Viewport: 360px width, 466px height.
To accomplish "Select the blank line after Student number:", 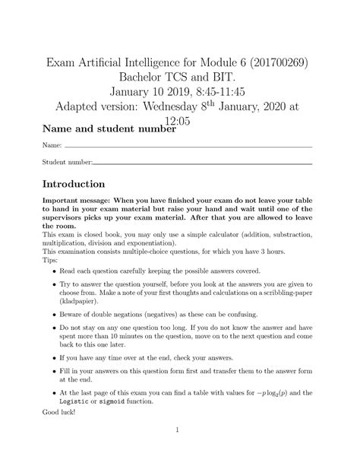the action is click(x=202, y=163).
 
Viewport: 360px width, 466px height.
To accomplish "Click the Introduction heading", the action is click(x=74, y=185).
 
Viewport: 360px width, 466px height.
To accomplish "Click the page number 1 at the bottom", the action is click(x=177, y=450).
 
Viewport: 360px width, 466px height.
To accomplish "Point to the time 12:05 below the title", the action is click(x=180, y=132).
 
